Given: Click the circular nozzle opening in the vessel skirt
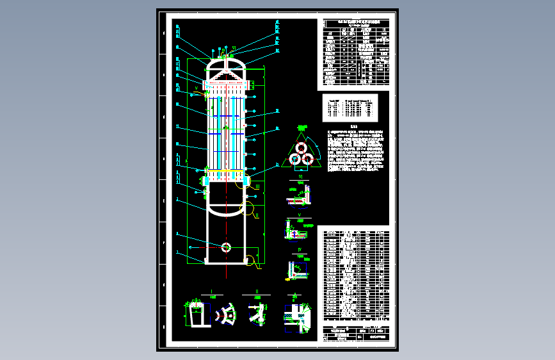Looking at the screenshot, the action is pyautogui.click(x=226, y=247).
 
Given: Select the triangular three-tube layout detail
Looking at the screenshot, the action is pyautogui.click(x=300, y=154).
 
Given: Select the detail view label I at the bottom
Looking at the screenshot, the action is pyautogui.click(x=211, y=291).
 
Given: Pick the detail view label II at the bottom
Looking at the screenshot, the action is pyautogui.click(x=256, y=291).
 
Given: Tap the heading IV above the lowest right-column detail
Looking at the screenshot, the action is pyautogui.click(x=298, y=250).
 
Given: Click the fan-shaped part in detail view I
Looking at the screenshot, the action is pyautogui.click(x=226, y=315).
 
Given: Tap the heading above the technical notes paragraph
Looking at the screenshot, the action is pyautogui.click(x=354, y=126).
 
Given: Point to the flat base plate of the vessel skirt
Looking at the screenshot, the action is pyautogui.click(x=226, y=263).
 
